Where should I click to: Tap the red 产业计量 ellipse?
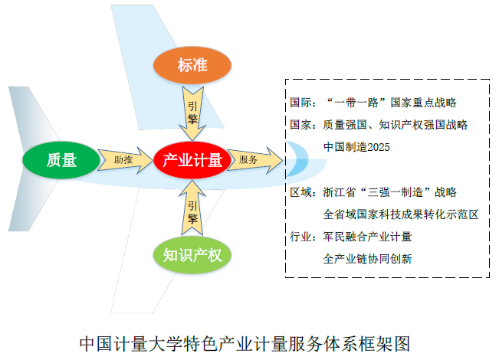[192, 160]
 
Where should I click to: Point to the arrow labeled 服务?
[251, 160]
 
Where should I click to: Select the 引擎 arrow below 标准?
[192, 111]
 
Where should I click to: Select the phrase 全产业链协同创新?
[368, 259]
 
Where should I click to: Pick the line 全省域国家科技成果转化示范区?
[401, 214]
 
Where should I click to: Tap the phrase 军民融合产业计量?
[368, 236]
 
